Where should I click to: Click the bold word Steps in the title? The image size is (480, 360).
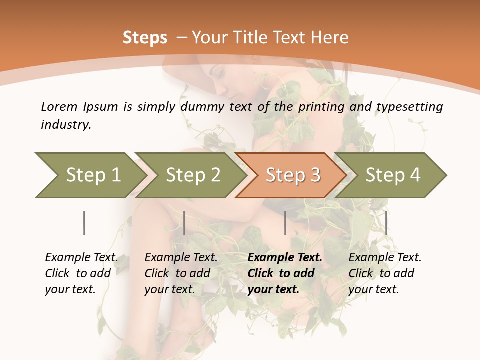(x=145, y=38)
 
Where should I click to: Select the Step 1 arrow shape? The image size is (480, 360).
(x=90, y=175)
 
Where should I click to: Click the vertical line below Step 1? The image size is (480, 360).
(x=84, y=223)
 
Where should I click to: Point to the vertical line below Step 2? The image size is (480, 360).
(x=184, y=223)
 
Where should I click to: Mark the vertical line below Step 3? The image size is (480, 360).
(x=285, y=223)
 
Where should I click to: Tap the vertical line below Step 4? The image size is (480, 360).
(x=386, y=223)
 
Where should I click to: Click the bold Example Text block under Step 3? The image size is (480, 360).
(x=285, y=273)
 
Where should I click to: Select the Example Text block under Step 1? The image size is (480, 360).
(x=81, y=273)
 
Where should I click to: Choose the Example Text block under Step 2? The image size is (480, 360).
(x=181, y=273)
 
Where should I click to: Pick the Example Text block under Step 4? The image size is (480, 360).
(x=385, y=273)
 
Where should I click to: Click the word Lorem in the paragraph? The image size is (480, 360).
(x=59, y=107)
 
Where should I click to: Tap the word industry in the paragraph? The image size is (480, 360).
(x=65, y=125)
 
